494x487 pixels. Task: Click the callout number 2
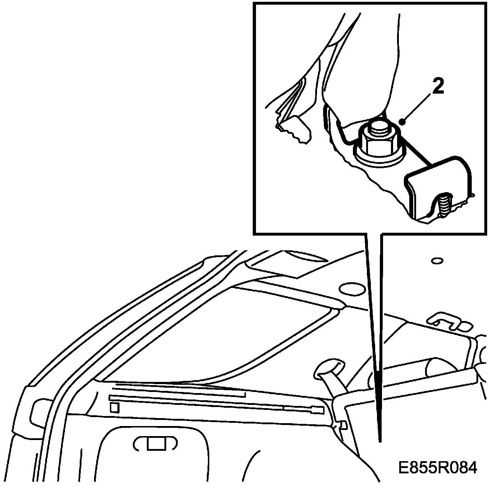point(438,87)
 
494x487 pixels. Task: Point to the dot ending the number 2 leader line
point(404,123)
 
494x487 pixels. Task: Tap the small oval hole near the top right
point(437,261)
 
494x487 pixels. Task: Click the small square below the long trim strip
point(114,407)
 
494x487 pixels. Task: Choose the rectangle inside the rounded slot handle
point(155,444)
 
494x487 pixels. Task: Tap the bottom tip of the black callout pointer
point(379,440)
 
